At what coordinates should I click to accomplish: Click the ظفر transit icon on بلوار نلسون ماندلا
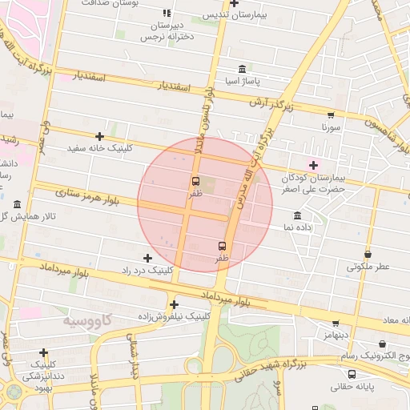[x=196, y=181]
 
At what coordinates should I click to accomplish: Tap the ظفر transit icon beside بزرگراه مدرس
[x=222, y=246]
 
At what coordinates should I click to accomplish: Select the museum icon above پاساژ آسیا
[x=243, y=68]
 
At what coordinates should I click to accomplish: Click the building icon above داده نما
[x=298, y=215]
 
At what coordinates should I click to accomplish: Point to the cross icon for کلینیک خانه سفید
[x=99, y=137]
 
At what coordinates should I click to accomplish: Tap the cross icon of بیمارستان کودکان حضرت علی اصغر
[x=313, y=165]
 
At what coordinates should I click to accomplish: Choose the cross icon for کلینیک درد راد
[x=147, y=258]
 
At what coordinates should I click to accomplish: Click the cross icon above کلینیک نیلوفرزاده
[x=174, y=303]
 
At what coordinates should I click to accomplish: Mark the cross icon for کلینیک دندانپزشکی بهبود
[x=43, y=352]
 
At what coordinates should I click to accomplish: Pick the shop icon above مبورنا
[x=332, y=115]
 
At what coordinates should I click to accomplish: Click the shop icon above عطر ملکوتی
[x=368, y=254]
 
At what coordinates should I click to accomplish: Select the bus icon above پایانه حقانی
[x=352, y=373]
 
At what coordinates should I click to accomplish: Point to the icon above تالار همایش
[x=18, y=204]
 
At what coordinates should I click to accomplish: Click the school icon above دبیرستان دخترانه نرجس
[x=167, y=14]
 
